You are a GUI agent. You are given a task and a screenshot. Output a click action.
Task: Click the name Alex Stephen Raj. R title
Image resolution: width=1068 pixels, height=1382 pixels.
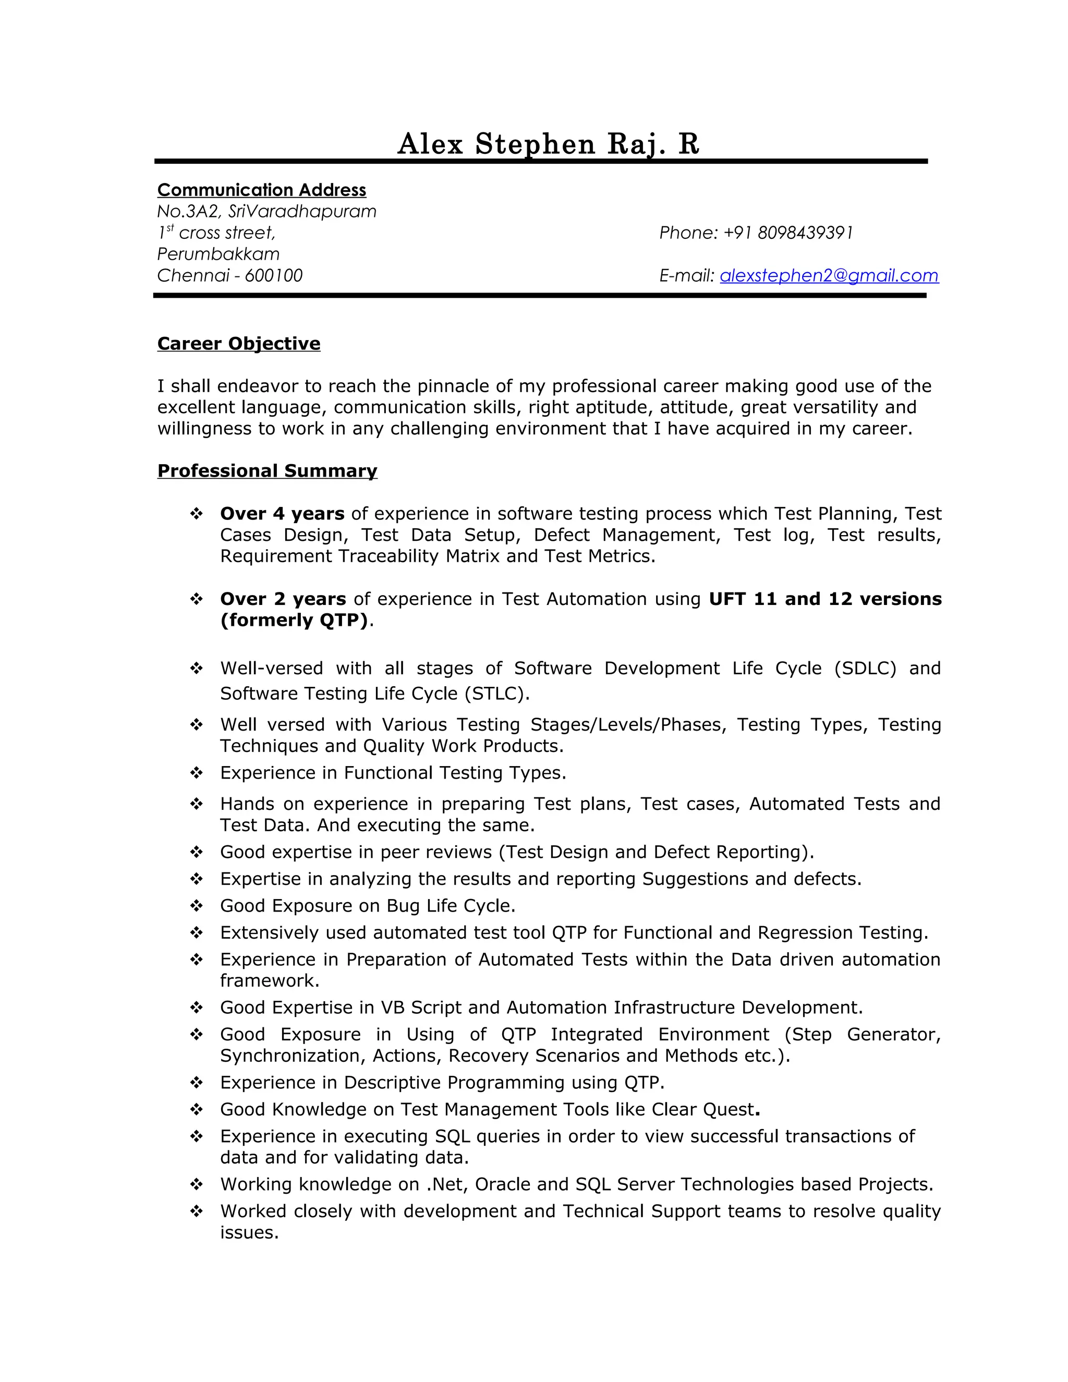(x=548, y=144)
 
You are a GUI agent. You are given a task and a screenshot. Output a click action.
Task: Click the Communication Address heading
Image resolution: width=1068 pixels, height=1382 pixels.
(x=261, y=190)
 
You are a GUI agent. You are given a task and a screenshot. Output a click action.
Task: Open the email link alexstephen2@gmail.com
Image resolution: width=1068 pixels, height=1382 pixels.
(x=829, y=275)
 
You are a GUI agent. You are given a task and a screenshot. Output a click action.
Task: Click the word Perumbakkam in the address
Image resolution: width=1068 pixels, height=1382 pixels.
(x=219, y=254)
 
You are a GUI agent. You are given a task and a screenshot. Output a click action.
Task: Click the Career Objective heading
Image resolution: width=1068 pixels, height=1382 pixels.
(x=238, y=344)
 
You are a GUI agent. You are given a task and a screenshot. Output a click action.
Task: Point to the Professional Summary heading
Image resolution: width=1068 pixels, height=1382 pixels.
(x=267, y=471)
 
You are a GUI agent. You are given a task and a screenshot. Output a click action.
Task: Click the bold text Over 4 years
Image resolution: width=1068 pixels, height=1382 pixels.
(x=282, y=513)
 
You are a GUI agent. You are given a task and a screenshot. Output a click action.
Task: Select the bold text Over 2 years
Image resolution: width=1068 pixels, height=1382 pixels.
(x=283, y=599)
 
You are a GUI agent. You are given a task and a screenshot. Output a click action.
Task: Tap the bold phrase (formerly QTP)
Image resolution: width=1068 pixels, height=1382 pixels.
(x=294, y=620)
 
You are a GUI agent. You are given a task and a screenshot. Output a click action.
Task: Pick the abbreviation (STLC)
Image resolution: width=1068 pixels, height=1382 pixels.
(x=496, y=694)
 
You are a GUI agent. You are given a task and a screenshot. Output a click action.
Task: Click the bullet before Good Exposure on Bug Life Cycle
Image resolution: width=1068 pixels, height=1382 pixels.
(x=197, y=905)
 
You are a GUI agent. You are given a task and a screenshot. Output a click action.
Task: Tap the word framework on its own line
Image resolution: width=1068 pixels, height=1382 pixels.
(x=269, y=980)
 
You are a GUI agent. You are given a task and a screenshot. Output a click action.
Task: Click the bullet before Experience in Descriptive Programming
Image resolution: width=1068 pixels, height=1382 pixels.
(x=197, y=1082)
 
